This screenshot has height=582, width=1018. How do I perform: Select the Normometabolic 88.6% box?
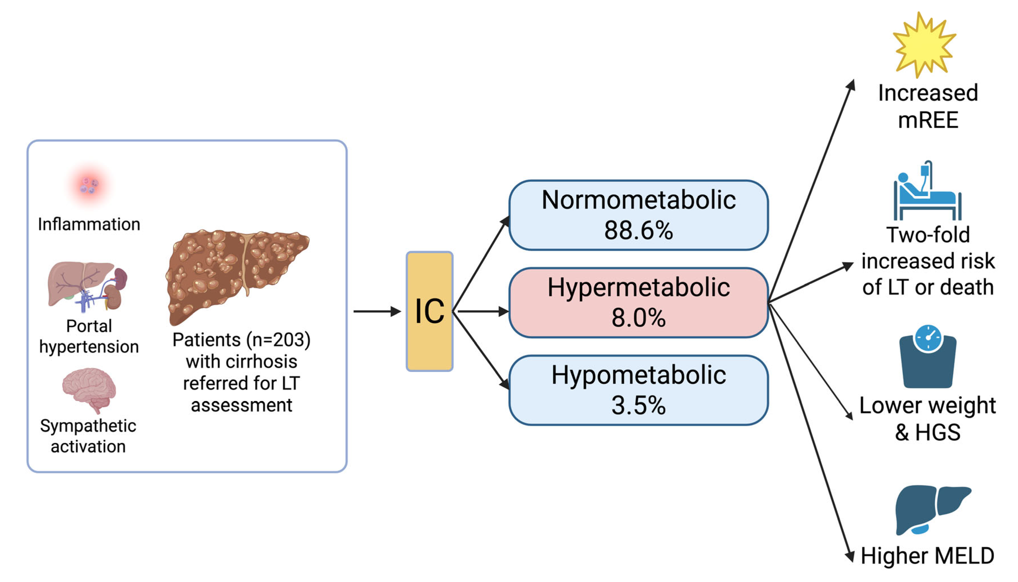coord(638,215)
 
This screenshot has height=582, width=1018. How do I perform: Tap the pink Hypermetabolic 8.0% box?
coord(638,303)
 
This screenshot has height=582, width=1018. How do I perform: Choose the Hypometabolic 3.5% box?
coord(638,390)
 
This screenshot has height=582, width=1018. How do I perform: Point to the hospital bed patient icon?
coord(927,192)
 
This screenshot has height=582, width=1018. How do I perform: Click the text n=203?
coord(278,340)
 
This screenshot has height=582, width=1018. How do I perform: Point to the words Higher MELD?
coord(927,556)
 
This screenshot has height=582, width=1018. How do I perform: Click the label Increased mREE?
coord(928,106)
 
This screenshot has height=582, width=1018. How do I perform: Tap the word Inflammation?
coord(89,224)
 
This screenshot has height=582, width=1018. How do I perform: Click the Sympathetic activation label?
coord(88,436)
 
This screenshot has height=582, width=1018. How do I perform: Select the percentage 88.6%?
coord(638,230)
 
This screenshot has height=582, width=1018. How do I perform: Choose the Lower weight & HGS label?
coord(927,419)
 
